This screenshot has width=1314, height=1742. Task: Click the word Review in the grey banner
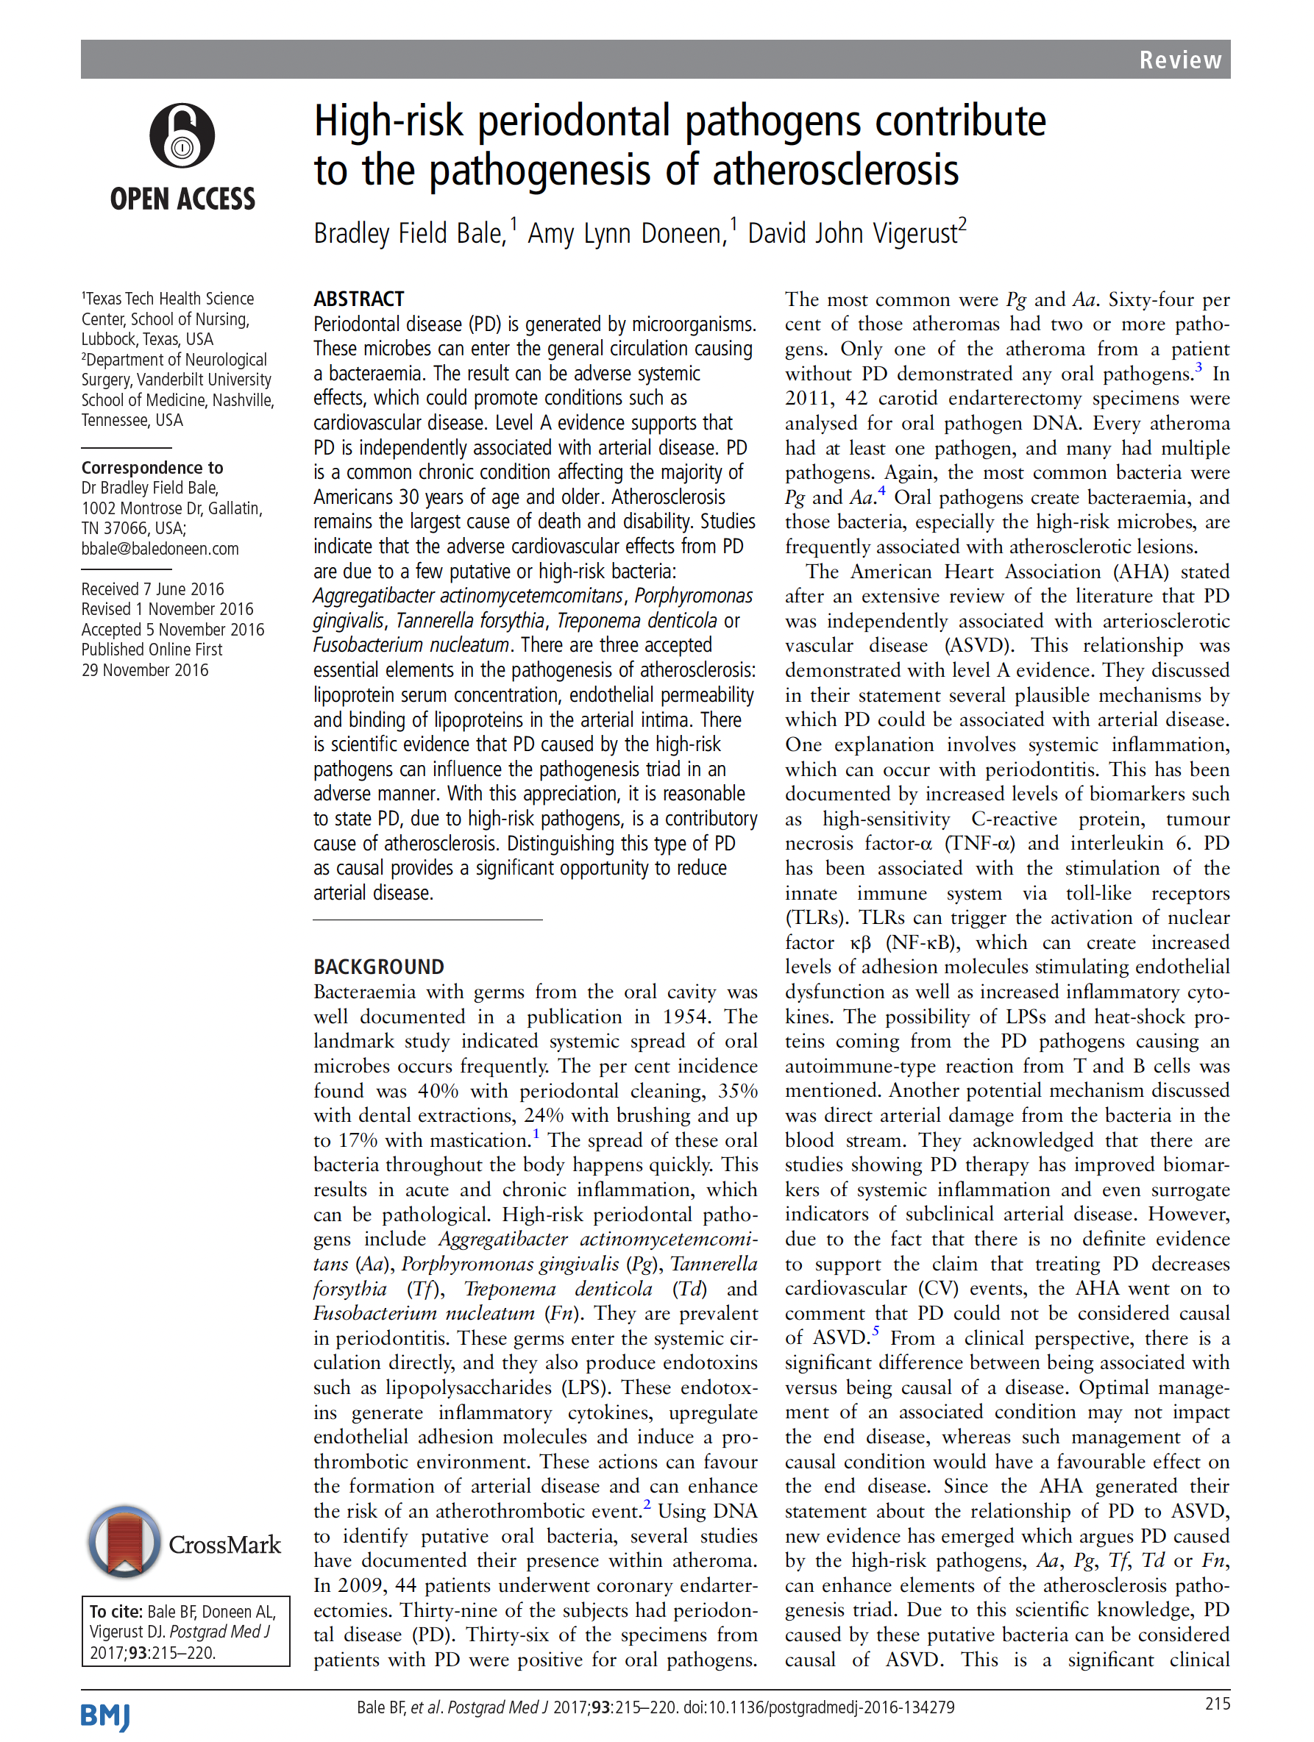point(1179,60)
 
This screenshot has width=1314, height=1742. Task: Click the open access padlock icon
point(182,135)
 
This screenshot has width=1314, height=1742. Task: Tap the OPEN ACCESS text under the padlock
point(182,199)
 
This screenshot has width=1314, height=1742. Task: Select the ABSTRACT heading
point(358,299)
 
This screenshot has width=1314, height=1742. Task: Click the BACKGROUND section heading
point(378,967)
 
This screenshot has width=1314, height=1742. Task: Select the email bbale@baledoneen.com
point(160,549)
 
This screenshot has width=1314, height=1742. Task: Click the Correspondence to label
point(152,468)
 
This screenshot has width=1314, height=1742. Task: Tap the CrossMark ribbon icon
point(124,1542)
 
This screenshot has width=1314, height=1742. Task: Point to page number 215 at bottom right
point(1217,1704)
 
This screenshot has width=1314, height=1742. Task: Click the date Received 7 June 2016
point(152,589)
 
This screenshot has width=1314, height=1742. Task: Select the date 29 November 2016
point(145,670)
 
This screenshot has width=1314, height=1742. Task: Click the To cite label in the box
point(116,1611)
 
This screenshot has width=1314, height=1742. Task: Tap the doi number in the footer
point(820,1707)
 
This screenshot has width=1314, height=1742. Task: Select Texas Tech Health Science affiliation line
point(168,299)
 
